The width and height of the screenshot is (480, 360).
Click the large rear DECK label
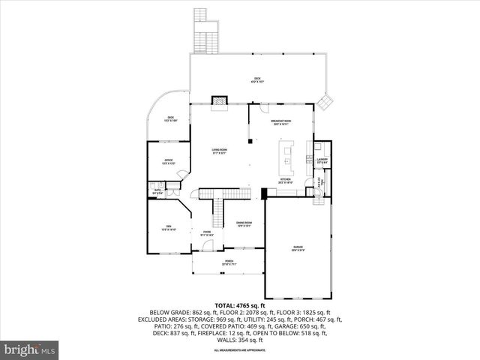[x=256, y=79]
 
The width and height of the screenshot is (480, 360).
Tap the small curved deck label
[x=171, y=118]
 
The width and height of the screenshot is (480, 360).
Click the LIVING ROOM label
[x=219, y=151]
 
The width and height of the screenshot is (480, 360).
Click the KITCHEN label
[x=285, y=180]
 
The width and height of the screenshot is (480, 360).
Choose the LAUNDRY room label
[x=322, y=160]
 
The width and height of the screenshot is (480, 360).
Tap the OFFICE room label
[x=169, y=161]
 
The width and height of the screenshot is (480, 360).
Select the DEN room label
[x=169, y=229]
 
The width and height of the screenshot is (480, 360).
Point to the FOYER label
[x=206, y=233]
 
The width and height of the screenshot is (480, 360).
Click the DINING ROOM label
[x=244, y=223]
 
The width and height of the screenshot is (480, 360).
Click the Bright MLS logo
[x=30, y=349]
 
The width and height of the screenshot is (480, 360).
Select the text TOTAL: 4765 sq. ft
[x=239, y=305]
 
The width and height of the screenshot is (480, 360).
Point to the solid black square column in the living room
[x=250, y=140]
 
